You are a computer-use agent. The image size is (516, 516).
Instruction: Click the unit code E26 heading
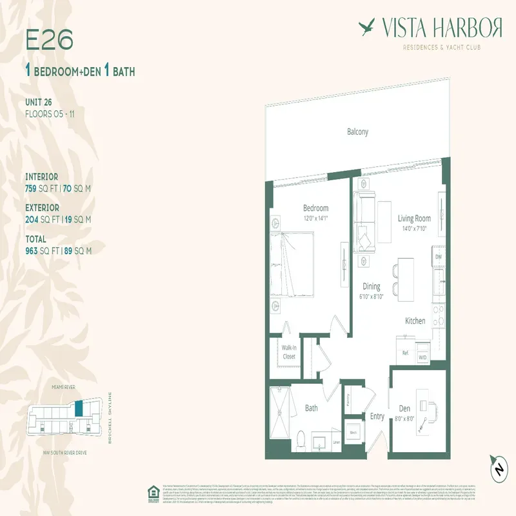(x=49, y=39)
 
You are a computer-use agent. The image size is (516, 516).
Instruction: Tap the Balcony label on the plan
(x=358, y=132)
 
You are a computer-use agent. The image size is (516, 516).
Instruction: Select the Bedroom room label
(x=316, y=208)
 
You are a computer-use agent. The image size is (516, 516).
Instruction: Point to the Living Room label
(x=414, y=219)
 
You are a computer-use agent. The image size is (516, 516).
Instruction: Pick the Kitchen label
(x=415, y=321)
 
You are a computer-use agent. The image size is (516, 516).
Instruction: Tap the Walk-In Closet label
(x=289, y=351)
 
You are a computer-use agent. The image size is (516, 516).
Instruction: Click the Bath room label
(x=312, y=408)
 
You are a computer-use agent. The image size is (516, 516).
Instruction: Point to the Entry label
(x=377, y=417)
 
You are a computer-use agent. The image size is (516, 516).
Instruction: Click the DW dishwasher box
(x=438, y=257)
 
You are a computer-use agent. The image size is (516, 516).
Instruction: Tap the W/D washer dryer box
(x=422, y=357)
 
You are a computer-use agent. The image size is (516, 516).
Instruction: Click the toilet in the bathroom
(x=300, y=440)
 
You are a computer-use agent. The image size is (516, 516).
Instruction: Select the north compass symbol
(x=497, y=470)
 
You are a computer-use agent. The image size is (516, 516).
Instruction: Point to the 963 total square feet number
(x=34, y=251)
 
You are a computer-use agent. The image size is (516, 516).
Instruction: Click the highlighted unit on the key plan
(x=79, y=408)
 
